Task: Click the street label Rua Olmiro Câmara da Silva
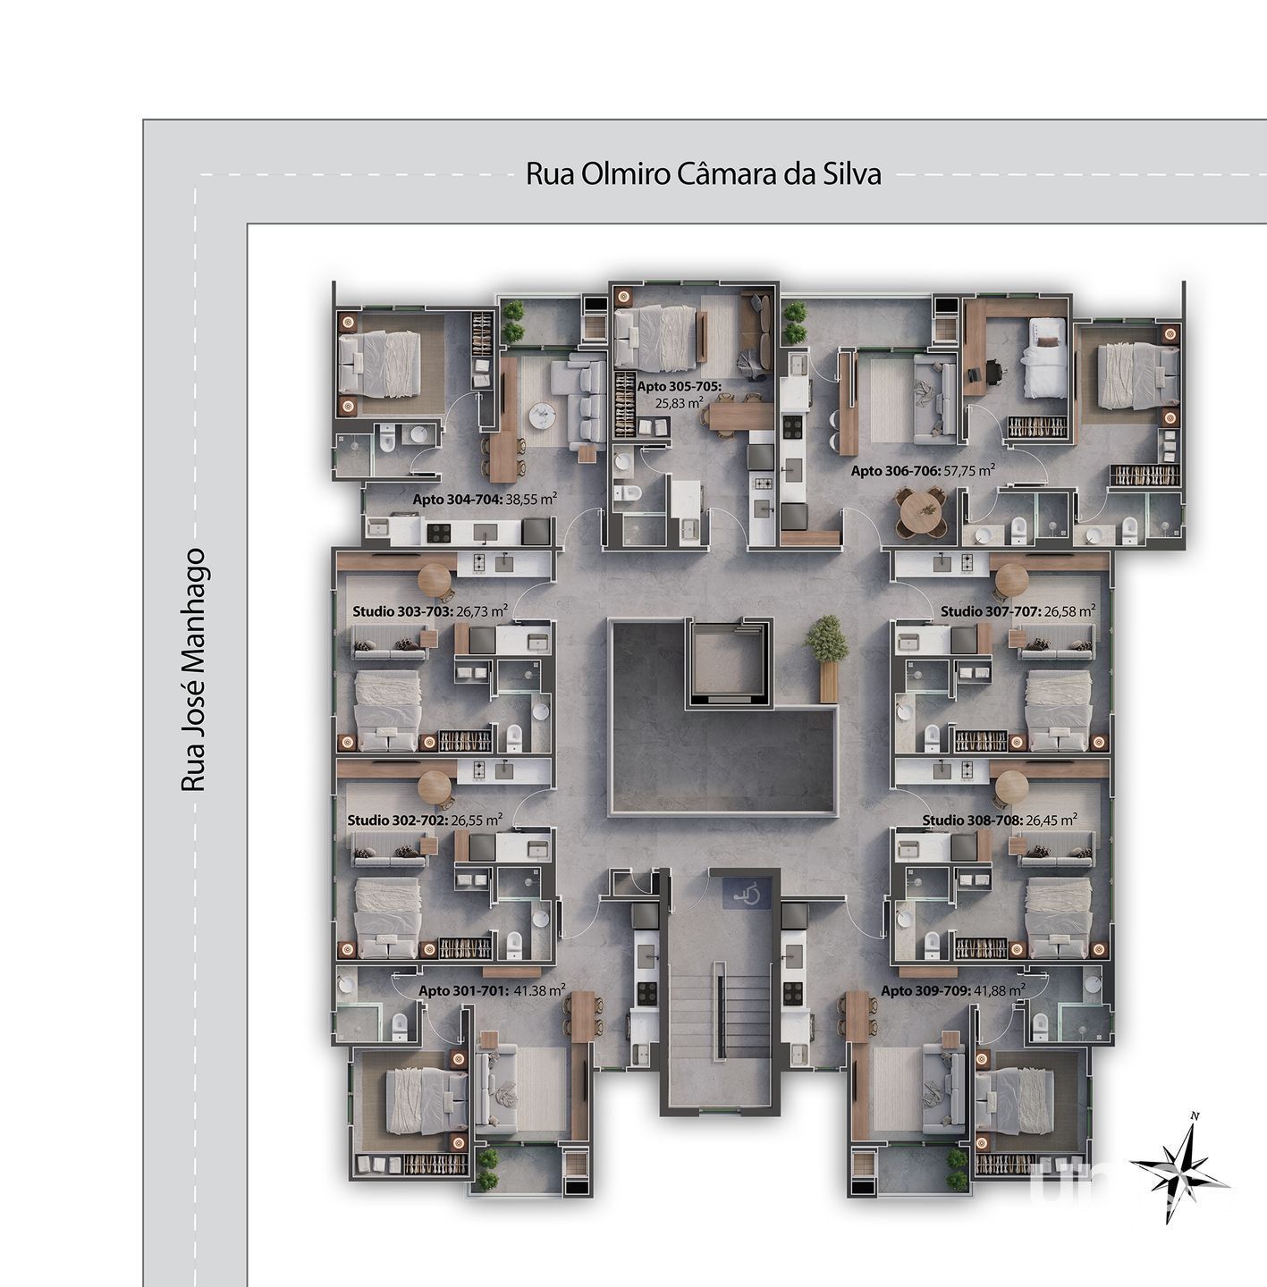[x=704, y=173]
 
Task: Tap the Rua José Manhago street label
[x=193, y=670]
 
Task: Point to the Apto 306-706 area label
[x=923, y=471]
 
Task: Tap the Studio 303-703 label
[x=430, y=611]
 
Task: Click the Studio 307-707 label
[x=1018, y=611]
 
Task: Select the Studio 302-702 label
[x=425, y=820]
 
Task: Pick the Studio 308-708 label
[x=1000, y=820]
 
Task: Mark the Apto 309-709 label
[x=953, y=991]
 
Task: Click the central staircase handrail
[x=720, y=1019]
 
